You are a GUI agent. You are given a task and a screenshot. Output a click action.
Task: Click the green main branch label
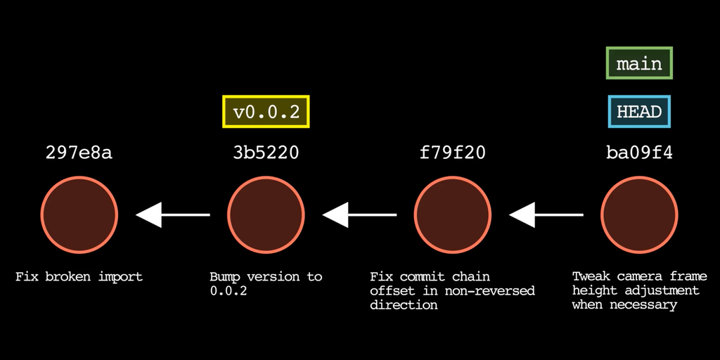click(x=639, y=63)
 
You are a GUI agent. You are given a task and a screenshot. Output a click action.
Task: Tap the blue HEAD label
click(x=639, y=111)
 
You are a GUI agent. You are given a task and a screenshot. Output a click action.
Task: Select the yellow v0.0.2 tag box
click(x=266, y=112)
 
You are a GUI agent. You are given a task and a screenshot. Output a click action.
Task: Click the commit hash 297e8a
click(x=79, y=153)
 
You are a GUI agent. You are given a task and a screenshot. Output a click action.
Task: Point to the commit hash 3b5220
click(x=266, y=153)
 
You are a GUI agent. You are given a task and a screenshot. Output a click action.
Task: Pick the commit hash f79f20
click(x=452, y=153)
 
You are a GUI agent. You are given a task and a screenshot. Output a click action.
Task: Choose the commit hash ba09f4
click(x=639, y=153)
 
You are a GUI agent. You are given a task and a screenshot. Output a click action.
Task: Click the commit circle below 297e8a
click(x=79, y=214)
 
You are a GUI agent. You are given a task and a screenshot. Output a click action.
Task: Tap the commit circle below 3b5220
click(x=266, y=214)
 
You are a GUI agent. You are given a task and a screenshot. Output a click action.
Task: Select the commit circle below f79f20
click(x=452, y=214)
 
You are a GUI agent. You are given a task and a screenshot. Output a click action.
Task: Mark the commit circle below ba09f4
click(x=639, y=214)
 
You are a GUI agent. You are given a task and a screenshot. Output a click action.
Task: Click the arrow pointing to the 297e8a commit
click(x=173, y=214)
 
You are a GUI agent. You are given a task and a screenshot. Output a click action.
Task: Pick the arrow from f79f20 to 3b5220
click(x=359, y=214)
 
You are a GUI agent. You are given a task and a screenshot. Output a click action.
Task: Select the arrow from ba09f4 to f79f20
click(x=546, y=214)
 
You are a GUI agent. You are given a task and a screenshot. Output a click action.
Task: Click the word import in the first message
click(x=121, y=277)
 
